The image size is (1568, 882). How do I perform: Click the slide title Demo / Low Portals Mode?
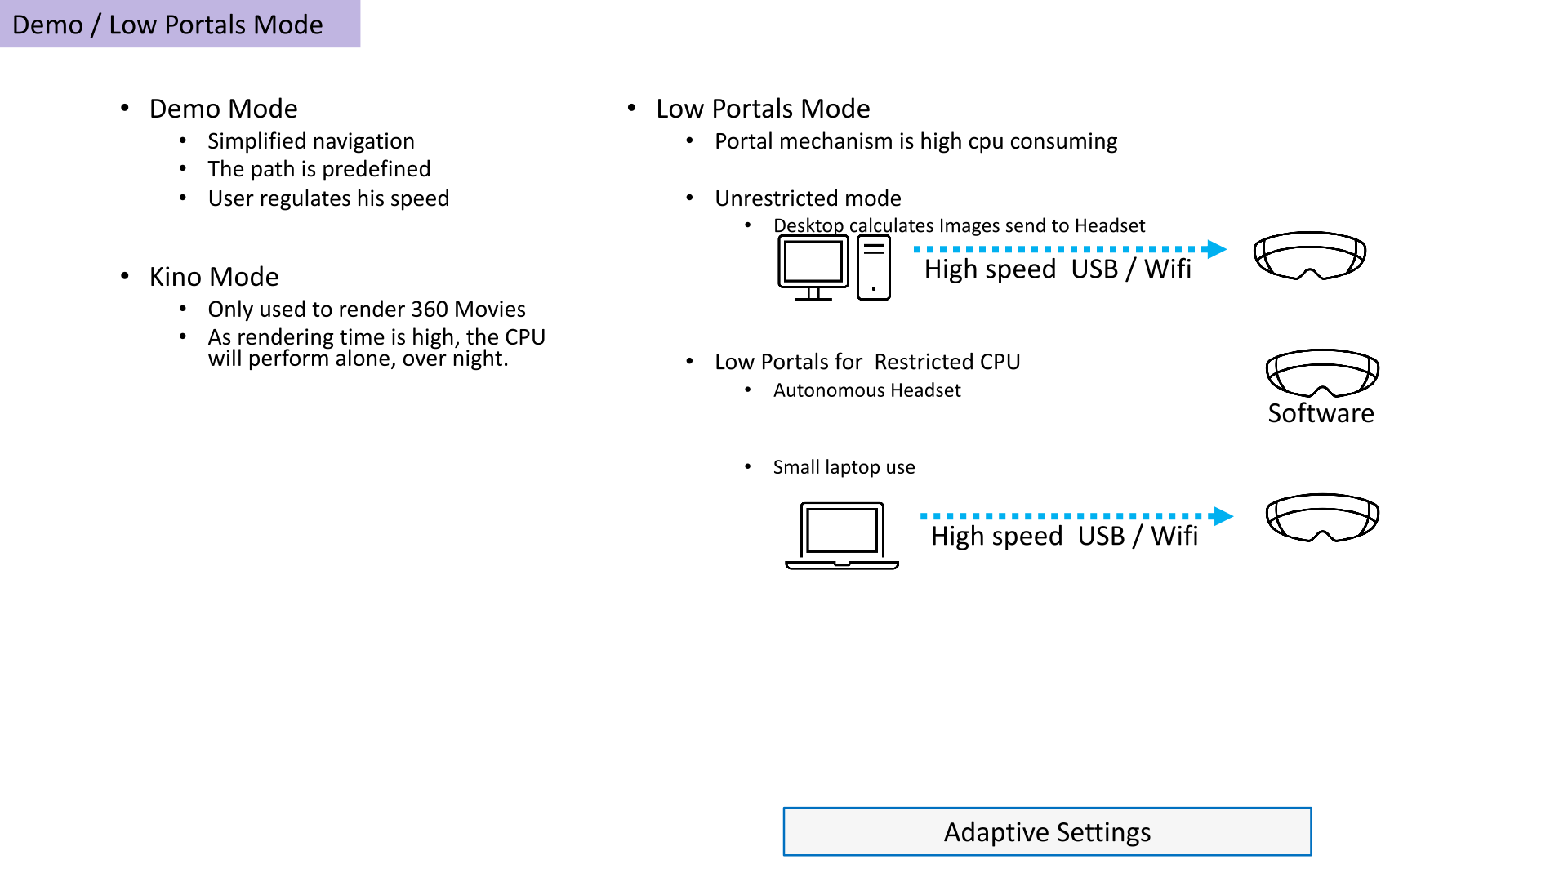tap(167, 24)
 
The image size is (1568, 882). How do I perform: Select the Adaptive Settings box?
tap(1047, 831)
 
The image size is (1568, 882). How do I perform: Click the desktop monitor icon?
tap(813, 268)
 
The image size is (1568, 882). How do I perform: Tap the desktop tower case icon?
tap(874, 268)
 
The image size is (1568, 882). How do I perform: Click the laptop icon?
tap(842, 536)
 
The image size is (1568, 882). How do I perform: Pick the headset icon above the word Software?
tap(1322, 373)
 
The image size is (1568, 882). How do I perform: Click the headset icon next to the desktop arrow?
tap(1310, 256)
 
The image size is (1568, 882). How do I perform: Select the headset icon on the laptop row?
tap(1322, 517)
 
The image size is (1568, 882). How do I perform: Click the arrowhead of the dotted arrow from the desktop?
tap(1217, 249)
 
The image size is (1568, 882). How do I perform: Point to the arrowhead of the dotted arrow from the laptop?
tap(1223, 516)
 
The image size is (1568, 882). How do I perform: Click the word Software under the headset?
tap(1321, 413)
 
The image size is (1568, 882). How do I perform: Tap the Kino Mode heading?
tap(214, 277)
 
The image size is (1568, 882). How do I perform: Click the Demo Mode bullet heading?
tap(223, 109)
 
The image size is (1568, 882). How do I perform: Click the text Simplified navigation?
tap(311, 141)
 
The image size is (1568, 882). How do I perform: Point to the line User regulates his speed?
tap(328, 198)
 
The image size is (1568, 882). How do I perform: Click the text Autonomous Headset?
tap(866, 390)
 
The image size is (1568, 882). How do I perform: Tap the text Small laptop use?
tap(844, 467)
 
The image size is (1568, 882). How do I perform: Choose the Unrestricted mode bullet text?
tap(808, 198)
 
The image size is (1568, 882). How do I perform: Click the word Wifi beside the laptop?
tap(1174, 536)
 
